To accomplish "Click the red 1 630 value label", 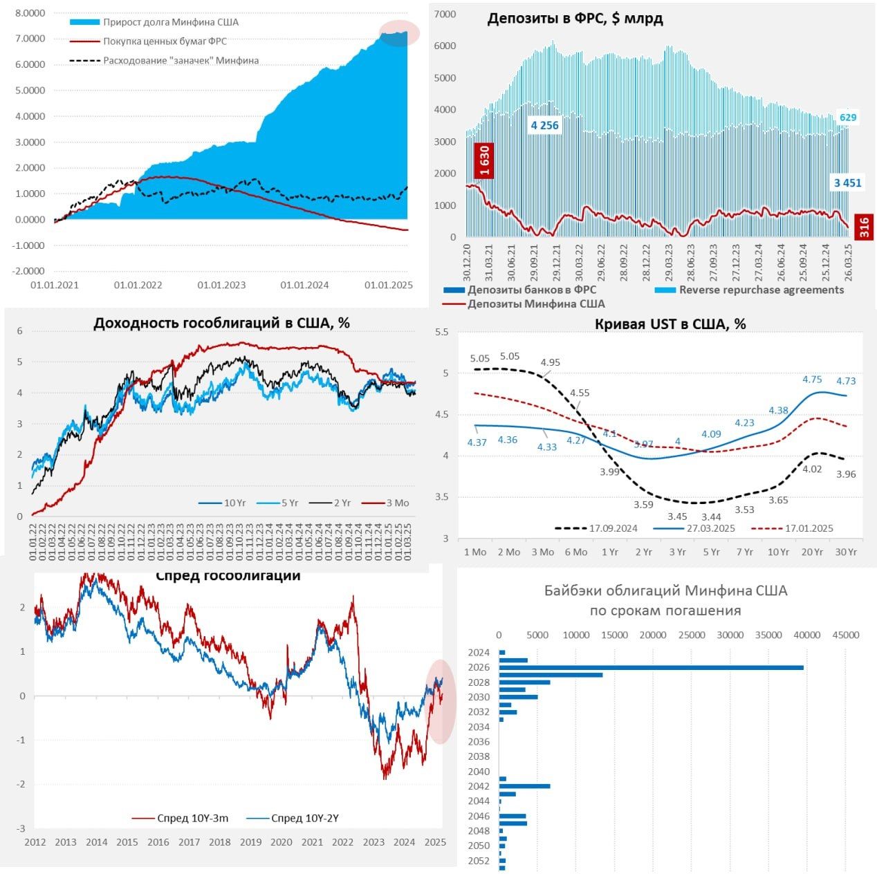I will (483, 160).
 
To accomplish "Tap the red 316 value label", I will (864, 227).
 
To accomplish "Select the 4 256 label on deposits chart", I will (544, 125).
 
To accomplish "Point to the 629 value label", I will (848, 118).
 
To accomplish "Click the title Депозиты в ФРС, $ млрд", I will (575, 19).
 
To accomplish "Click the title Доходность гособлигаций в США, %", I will (221, 323).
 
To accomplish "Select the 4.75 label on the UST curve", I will (812, 380).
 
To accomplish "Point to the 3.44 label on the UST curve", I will (711, 516).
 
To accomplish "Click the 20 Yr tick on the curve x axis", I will (812, 552).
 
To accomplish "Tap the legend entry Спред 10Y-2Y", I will (304, 819).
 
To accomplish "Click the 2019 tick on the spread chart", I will (250, 842).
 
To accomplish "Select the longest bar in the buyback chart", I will (651, 667).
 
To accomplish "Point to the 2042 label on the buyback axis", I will (479, 786).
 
